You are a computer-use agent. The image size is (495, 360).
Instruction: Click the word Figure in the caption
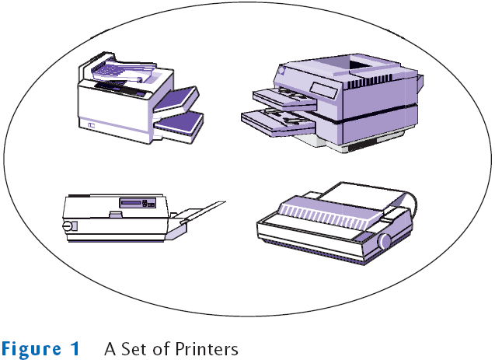point(32,349)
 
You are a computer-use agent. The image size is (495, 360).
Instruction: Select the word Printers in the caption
point(207,348)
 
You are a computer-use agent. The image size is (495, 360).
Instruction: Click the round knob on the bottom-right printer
point(384,241)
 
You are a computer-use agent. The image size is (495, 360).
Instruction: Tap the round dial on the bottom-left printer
point(67,225)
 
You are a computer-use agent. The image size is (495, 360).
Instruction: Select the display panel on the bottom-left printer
point(138,202)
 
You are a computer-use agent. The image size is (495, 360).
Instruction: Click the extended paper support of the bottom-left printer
point(203,212)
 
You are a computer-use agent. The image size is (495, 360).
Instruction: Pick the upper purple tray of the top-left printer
point(176,100)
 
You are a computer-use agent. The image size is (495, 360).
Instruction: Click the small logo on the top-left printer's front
point(92,125)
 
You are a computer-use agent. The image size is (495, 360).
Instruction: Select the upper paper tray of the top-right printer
point(284,98)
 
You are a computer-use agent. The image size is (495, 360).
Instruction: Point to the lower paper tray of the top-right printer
point(278,121)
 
